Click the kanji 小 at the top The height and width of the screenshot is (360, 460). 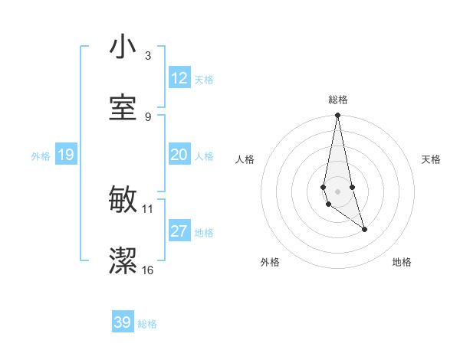click(123, 47)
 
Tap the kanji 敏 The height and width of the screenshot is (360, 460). click(123, 201)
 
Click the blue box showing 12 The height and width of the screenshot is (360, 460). click(179, 78)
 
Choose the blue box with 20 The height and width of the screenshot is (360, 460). click(179, 155)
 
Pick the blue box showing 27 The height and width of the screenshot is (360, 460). click(179, 231)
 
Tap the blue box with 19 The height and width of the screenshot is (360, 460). click(65, 155)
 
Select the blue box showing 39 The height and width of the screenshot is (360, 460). click(123, 322)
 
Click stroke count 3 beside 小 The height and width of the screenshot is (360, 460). click(148, 56)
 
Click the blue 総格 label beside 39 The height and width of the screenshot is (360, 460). click(147, 324)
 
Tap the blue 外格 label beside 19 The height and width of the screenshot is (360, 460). click(41, 156)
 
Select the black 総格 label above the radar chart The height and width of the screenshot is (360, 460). click(338, 100)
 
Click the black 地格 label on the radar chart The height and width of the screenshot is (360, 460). click(402, 262)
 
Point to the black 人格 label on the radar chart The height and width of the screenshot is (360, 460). click(245, 159)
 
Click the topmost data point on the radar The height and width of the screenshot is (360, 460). click(338, 116)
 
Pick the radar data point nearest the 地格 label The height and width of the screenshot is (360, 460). click(364, 229)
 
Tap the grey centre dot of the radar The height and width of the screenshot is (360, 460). click(338, 191)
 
